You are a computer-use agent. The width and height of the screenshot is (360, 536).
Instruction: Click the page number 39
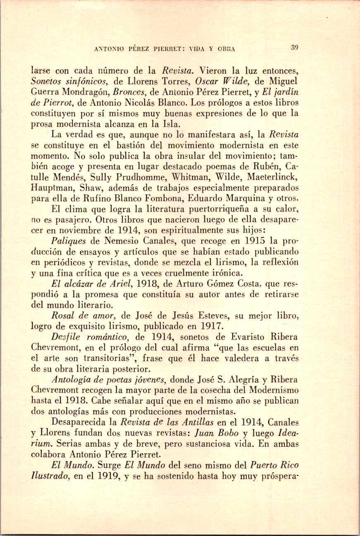[294, 48]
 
